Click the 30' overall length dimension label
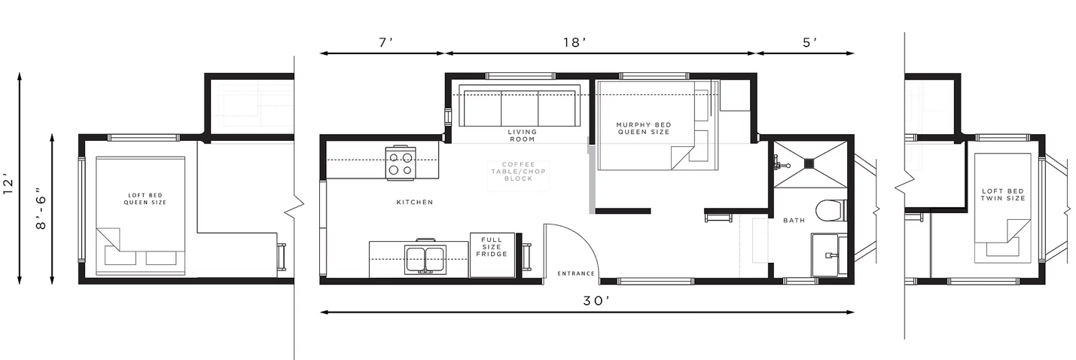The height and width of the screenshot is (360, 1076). pyautogui.click(x=596, y=301)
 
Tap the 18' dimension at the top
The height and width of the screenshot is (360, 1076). pyautogui.click(x=575, y=43)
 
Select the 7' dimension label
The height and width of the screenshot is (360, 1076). pyautogui.click(x=386, y=43)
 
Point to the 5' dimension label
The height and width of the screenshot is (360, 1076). pyautogui.click(x=810, y=43)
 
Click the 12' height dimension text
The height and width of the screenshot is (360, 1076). pyautogui.click(x=8, y=187)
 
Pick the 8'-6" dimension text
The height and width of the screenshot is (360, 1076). pyautogui.click(x=41, y=212)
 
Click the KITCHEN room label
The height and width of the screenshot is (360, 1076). pyautogui.click(x=415, y=203)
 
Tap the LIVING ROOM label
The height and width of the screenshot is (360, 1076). pyautogui.click(x=522, y=136)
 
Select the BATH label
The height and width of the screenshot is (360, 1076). pyautogui.click(x=794, y=220)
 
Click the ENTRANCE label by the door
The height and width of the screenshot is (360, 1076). pyautogui.click(x=576, y=273)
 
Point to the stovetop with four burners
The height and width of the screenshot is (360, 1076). pyautogui.click(x=401, y=163)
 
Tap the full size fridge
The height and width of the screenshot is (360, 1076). pyautogui.click(x=492, y=255)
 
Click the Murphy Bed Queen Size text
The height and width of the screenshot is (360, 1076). pyautogui.click(x=644, y=128)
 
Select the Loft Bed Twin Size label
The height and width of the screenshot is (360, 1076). pyautogui.click(x=1003, y=194)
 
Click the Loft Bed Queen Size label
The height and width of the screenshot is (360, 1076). pyautogui.click(x=145, y=199)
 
